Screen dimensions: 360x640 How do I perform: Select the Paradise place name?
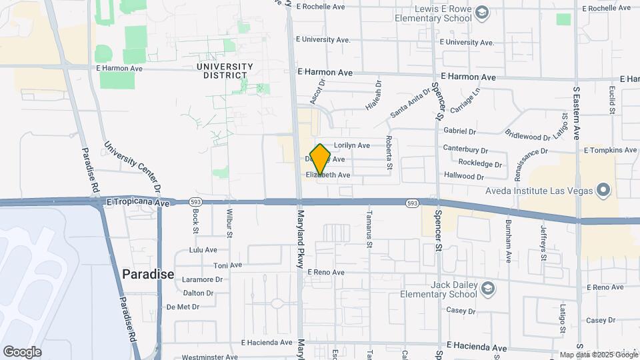coord(148,274)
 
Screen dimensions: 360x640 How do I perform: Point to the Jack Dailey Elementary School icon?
coord(488,289)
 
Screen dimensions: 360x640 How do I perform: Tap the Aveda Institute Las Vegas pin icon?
coord(604,191)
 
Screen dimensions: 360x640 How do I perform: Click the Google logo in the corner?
coord(22,352)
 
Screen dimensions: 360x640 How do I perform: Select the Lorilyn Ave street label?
coord(351,145)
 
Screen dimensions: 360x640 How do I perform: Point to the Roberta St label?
coord(388,154)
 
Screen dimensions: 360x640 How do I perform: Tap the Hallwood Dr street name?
coord(462,177)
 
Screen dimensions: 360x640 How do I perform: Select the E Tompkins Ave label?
coord(611,151)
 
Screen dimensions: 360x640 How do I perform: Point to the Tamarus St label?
coord(369,230)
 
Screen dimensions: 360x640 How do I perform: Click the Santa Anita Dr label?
coord(411,103)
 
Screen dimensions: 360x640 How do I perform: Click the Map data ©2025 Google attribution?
coord(598,355)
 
